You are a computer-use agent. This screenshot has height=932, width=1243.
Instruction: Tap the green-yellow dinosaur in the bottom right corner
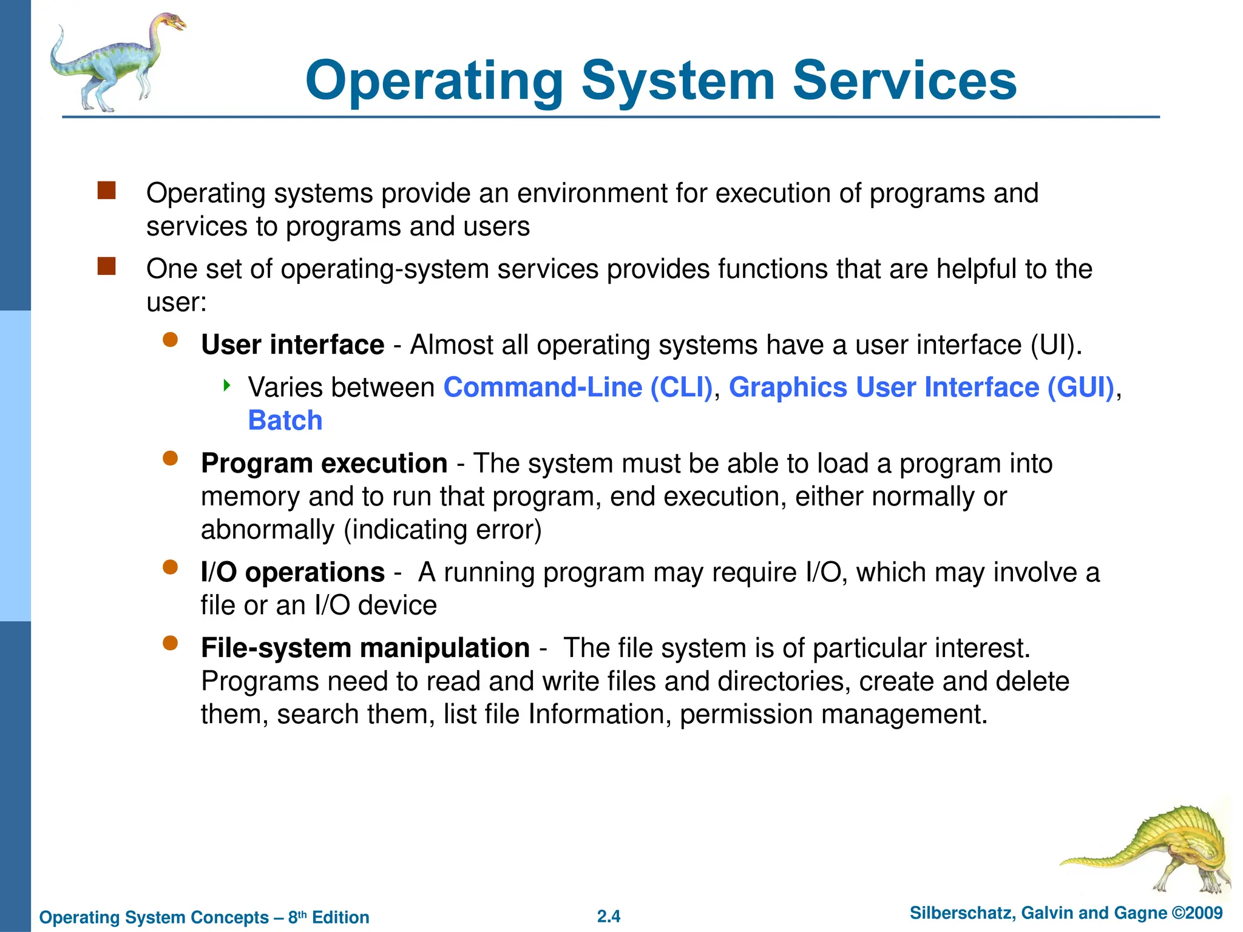1153,849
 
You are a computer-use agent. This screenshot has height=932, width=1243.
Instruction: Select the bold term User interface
293,345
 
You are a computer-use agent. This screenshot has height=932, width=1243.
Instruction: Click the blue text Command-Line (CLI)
578,387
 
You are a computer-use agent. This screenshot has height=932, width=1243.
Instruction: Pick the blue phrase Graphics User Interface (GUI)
921,387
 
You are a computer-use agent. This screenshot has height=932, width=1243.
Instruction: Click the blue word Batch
285,420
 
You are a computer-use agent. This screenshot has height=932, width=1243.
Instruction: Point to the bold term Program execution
324,463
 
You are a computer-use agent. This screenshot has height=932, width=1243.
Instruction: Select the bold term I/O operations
293,572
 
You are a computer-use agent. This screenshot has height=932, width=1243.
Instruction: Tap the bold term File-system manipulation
365,648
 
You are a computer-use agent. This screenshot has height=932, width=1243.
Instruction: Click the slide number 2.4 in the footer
609,916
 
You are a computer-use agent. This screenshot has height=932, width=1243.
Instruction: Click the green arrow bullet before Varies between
227,385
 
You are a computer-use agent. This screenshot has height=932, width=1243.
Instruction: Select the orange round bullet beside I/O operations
171,567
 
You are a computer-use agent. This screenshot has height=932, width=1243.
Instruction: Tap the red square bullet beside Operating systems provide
107,191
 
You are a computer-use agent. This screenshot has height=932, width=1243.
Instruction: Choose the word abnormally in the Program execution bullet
268,530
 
